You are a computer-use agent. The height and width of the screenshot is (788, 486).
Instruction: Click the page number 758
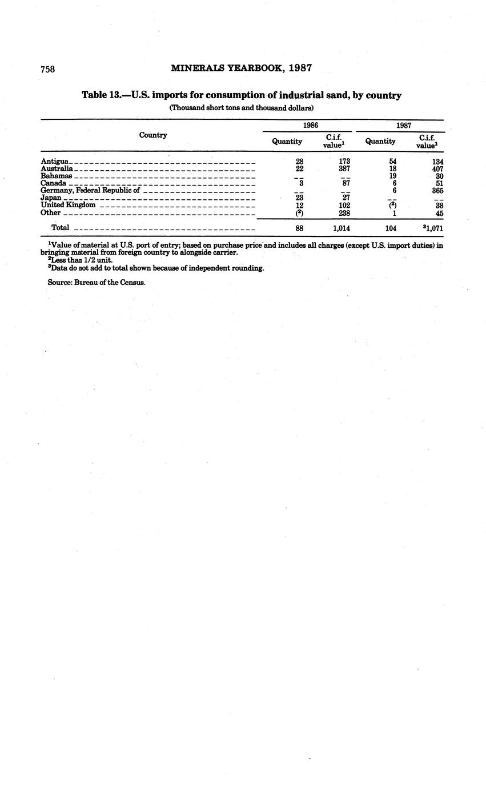[47, 69]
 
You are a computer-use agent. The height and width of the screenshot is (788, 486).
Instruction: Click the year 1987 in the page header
[300, 68]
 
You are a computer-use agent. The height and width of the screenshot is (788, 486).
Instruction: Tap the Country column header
[153, 135]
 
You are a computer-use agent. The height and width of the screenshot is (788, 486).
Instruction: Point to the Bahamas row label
[57, 176]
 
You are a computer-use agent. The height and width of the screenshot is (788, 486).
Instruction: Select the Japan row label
[51, 198]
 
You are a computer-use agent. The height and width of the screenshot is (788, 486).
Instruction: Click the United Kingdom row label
[68, 205]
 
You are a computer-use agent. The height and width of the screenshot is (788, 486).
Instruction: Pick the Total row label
[60, 228]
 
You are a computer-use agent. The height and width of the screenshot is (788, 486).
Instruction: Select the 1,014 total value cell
[341, 228]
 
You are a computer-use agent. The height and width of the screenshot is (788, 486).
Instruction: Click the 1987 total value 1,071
[435, 228]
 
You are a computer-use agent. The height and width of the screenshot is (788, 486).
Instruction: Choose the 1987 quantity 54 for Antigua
[392, 162]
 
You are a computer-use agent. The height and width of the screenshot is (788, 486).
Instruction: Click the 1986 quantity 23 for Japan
[299, 198]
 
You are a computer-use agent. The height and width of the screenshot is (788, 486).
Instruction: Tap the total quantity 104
[391, 228]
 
